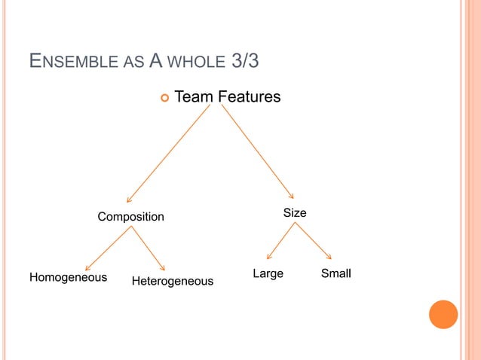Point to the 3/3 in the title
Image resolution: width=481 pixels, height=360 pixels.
coord(242,60)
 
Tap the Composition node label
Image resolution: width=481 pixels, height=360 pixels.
coord(130,217)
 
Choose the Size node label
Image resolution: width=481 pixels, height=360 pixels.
coord(295,213)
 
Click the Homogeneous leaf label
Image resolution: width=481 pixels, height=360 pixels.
coord(68,277)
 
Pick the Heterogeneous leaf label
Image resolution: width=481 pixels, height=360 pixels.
coord(173,281)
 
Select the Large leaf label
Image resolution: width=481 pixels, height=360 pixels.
coord(268,273)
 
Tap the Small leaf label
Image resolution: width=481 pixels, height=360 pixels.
coord(336,273)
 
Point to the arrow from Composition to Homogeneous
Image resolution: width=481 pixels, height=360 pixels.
coord(110,248)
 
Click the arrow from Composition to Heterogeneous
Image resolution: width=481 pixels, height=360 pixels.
coord(149,248)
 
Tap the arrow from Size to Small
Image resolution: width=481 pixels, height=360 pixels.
coord(313,241)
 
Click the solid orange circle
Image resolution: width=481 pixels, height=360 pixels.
coord(443,314)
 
